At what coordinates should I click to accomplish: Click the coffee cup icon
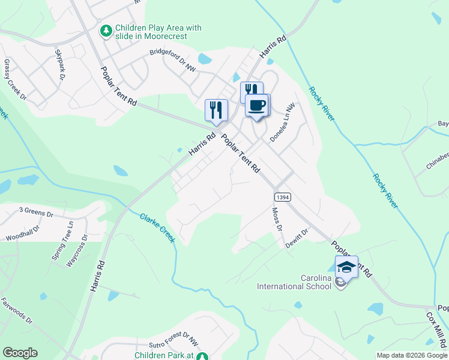coord(257,106)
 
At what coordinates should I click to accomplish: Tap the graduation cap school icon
coord(346,266)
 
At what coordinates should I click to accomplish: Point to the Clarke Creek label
coord(157,228)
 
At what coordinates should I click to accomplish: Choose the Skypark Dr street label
coord(60,65)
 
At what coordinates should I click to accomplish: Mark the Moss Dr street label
coord(277,219)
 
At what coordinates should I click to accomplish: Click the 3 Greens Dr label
coord(36,211)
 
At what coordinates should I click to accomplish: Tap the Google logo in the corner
coord(20,353)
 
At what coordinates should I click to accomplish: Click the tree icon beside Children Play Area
coord(106,30)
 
